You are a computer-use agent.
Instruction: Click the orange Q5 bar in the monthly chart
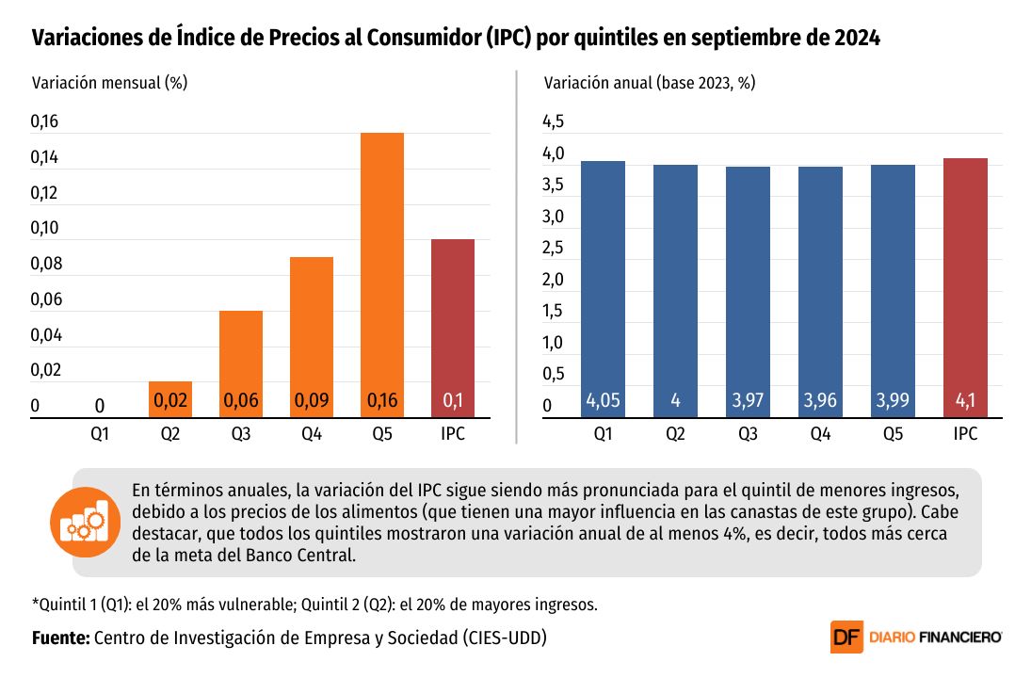tap(382, 273)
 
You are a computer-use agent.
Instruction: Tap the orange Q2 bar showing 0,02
tap(169, 398)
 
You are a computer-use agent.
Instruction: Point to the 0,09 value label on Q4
tap(312, 401)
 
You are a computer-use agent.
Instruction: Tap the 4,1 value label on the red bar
tap(965, 401)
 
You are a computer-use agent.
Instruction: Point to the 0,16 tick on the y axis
tap(44, 121)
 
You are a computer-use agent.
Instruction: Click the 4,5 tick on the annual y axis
tap(553, 121)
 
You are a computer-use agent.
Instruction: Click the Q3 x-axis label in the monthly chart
tap(240, 434)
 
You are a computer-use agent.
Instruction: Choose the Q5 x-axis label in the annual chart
tap(893, 434)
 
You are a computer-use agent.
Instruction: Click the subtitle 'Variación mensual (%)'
tap(110, 82)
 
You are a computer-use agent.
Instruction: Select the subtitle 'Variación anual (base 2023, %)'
tap(650, 82)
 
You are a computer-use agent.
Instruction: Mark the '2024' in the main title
tap(856, 38)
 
